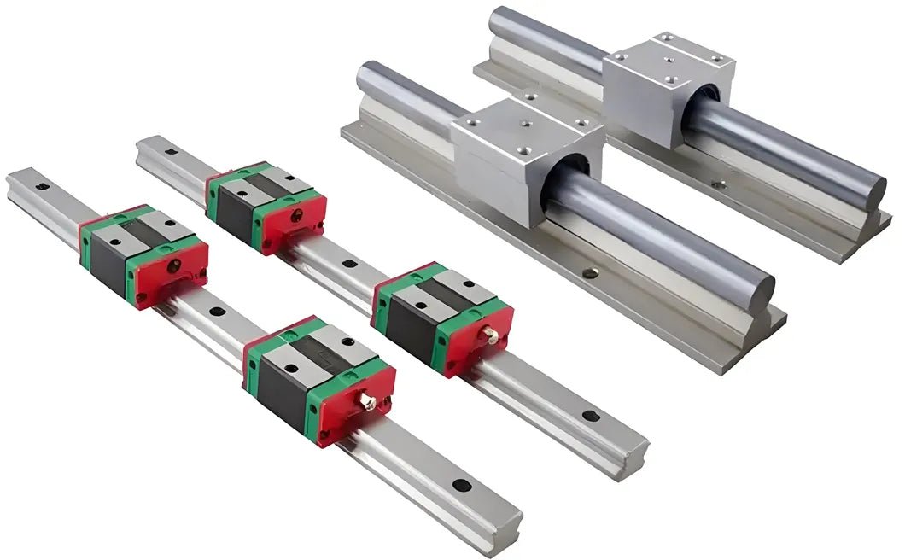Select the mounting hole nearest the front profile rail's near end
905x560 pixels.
(x=461, y=486)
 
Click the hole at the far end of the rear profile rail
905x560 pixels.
(x=170, y=151)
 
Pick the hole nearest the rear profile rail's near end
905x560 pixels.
(x=587, y=416)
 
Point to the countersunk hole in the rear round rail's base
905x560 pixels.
(x=719, y=183)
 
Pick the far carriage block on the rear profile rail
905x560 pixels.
(x=265, y=207)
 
